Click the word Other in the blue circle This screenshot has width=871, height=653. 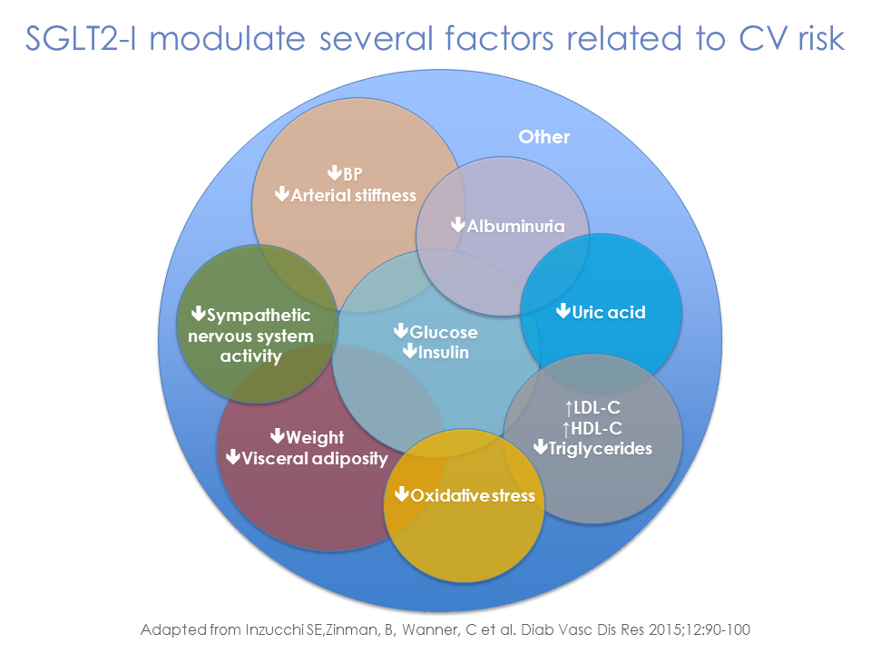[543, 137]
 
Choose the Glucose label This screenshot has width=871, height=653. [444, 332]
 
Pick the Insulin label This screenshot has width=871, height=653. [444, 351]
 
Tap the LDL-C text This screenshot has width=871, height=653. [596, 408]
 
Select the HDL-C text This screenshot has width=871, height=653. [596, 427]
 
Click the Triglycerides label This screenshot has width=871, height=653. [601, 447]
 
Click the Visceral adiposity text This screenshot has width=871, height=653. [314, 457]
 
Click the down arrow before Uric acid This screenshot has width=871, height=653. [563, 312]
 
